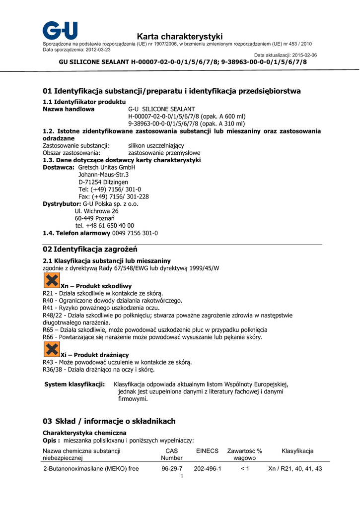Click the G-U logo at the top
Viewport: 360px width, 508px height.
(x=60, y=30)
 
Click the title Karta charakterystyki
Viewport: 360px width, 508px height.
(x=180, y=37)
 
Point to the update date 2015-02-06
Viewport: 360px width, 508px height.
(x=304, y=55)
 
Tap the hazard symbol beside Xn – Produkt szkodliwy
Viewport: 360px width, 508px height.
(x=52, y=281)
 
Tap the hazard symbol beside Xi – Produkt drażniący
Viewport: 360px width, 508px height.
(x=52, y=350)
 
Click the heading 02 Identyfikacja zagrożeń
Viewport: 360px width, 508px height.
(x=90, y=249)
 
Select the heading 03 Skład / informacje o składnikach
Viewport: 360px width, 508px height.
(x=109, y=421)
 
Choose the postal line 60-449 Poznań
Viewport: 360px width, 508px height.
(x=94, y=218)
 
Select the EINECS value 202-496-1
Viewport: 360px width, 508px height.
(x=207, y=469)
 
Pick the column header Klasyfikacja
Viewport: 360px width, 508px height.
(x=297, y=451)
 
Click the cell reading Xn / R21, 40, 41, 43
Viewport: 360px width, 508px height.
(x=295, y=469)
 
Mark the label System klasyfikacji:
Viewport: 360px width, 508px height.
(x=74, y=384)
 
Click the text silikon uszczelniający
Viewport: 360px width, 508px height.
(x=156, y=146)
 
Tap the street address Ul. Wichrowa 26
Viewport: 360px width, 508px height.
(x=96, y=211)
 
